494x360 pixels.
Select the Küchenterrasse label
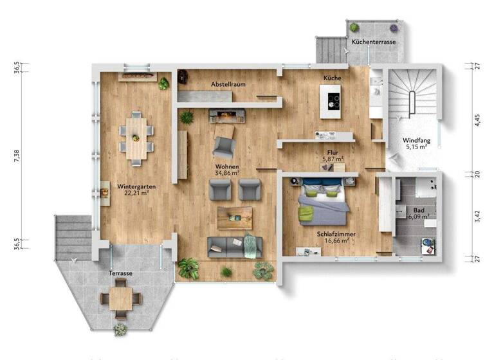(373, 42)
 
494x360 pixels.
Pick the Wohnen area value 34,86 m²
(227, 173)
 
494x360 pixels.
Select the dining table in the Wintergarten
(136, 136)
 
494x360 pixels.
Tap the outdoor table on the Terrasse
(120, 298)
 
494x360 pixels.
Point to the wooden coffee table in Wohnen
(235, 217)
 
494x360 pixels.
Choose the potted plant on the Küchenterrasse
(354, 27)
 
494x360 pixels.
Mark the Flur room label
(333, 152)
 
